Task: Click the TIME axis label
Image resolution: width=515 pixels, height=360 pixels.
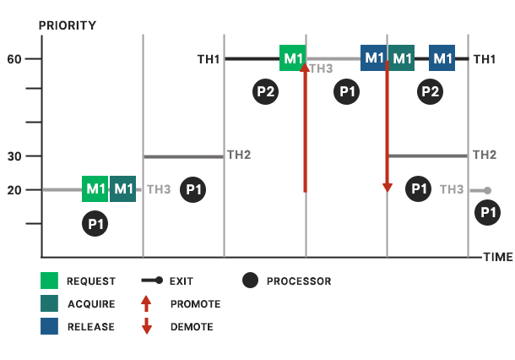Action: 497,257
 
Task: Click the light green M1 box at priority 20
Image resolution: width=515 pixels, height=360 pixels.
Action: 95,188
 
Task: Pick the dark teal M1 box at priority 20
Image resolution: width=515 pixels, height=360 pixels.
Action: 123,188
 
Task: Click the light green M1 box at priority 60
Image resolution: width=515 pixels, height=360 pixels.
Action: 293,58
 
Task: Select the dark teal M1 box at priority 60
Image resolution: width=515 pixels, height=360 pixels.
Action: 402,58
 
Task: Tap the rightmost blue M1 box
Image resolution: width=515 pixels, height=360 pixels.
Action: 442,58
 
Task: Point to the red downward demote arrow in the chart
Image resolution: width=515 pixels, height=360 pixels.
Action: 387,127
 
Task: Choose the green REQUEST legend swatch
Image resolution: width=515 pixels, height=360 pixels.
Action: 49,281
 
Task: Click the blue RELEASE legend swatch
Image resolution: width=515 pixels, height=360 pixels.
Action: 49,326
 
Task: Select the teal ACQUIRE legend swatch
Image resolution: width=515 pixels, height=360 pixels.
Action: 49,303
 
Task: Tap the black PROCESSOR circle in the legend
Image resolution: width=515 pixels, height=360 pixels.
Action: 250,281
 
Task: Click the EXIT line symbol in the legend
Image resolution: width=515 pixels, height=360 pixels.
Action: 151,281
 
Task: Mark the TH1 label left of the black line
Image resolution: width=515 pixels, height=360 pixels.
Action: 209,59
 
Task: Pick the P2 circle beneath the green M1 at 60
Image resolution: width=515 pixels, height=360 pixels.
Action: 267,91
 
